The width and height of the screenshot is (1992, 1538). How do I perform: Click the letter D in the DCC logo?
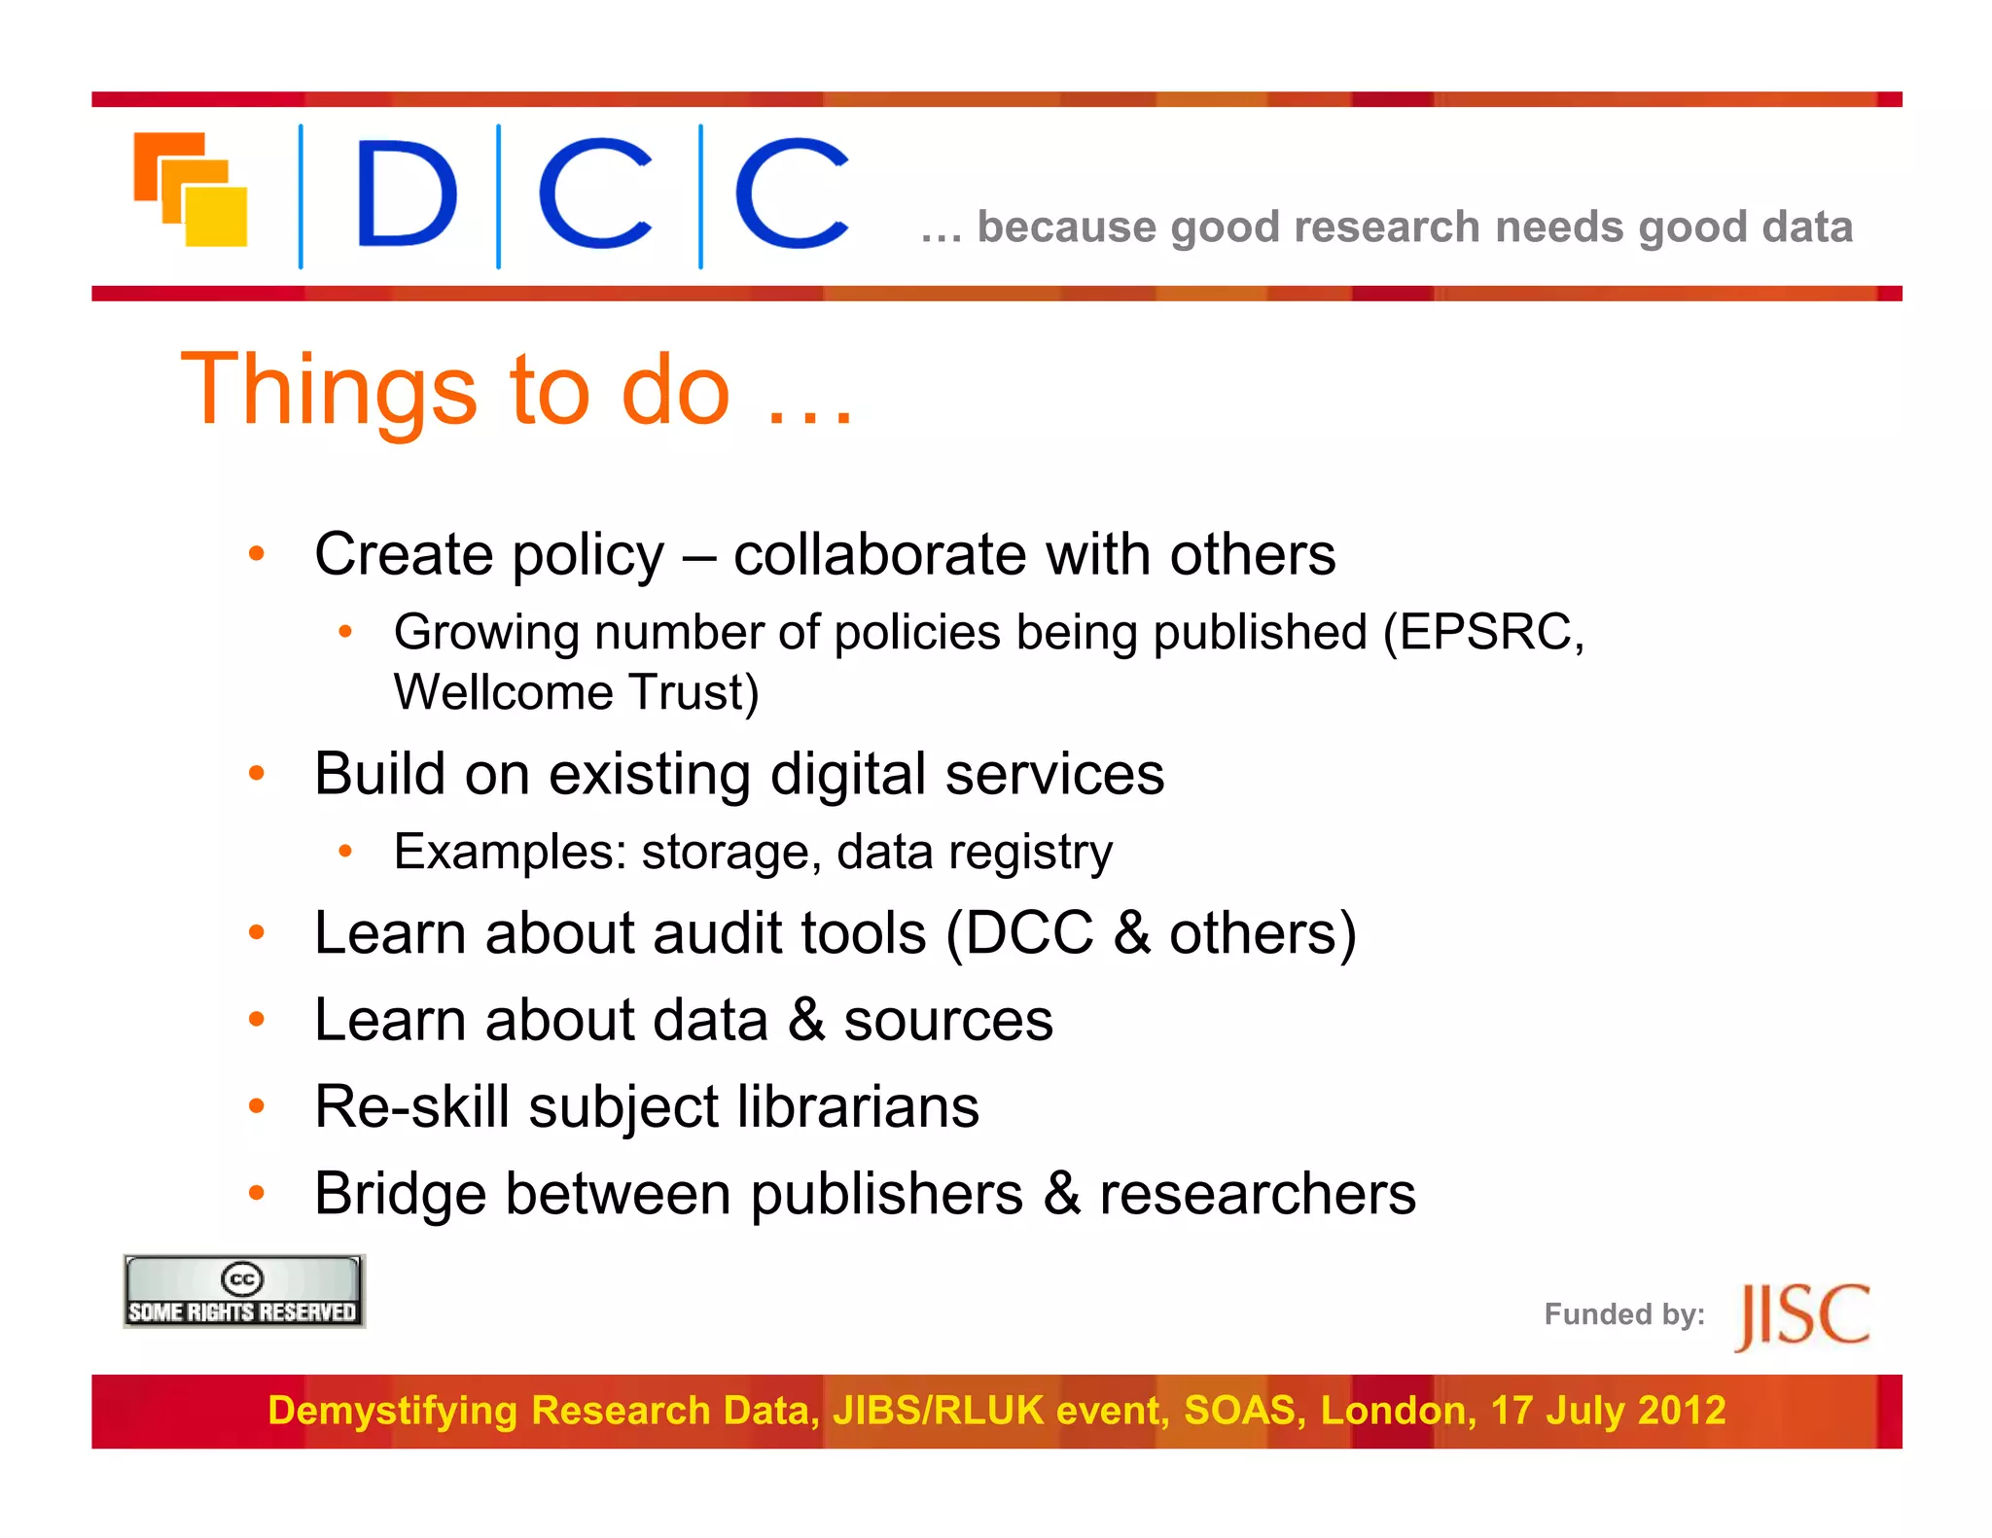tap(406, 192)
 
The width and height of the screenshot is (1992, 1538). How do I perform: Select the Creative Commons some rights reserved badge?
tap(243, 1291)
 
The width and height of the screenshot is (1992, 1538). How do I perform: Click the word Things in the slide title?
tap(329, 390)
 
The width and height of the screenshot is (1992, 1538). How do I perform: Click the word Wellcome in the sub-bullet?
tap(503, 692)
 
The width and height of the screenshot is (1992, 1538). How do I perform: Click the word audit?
tap(717, 933)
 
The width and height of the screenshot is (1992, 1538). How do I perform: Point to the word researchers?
tap(1257, 1194)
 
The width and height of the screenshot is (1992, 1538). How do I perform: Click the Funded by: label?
tap(1623, 1314)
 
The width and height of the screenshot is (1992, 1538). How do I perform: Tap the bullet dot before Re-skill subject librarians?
tap(257, 1106)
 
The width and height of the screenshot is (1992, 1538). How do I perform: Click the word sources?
tap(947, 1021)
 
